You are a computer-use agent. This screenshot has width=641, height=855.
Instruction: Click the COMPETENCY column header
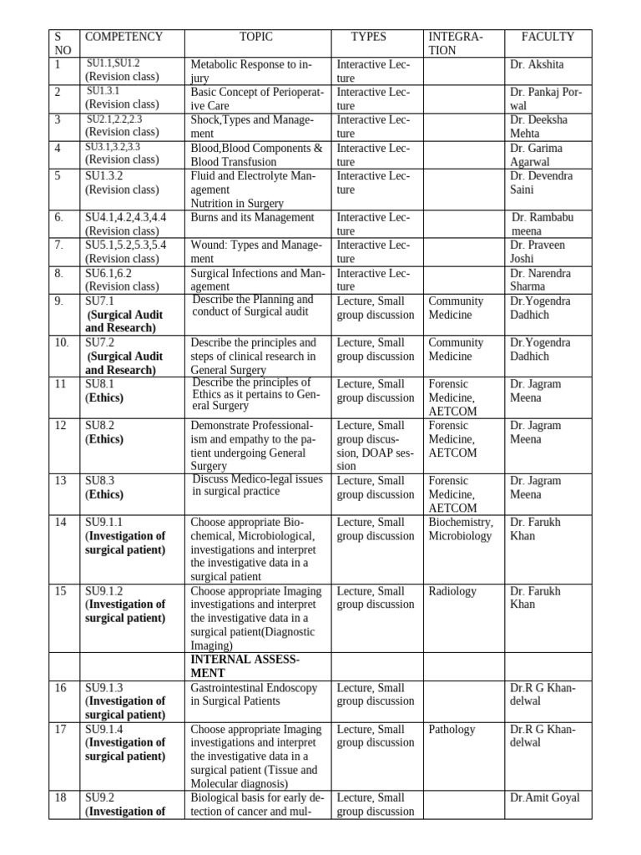[124, 37]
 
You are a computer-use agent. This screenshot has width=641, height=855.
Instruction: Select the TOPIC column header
[255, 37]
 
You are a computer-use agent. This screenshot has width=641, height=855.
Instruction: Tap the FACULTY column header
[548, 37]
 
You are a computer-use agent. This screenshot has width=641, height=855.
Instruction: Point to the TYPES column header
[368, 37]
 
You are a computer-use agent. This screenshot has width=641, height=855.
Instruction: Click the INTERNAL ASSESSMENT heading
[245, 666]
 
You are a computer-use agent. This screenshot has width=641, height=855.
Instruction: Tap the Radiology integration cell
[452, 591]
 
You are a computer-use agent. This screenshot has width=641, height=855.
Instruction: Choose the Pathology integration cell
[452, 730]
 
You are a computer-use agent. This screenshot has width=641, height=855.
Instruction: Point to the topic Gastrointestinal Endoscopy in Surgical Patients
[253, 694]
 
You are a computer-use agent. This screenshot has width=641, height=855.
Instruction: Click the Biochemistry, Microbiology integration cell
[461, 529]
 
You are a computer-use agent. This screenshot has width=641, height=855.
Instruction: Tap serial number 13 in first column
[61, 481]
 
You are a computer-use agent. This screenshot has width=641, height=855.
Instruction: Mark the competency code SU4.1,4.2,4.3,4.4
[125, 218]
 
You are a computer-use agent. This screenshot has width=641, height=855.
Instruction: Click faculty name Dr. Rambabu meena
[542, 224]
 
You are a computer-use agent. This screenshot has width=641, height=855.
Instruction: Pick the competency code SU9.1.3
[105, 687]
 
